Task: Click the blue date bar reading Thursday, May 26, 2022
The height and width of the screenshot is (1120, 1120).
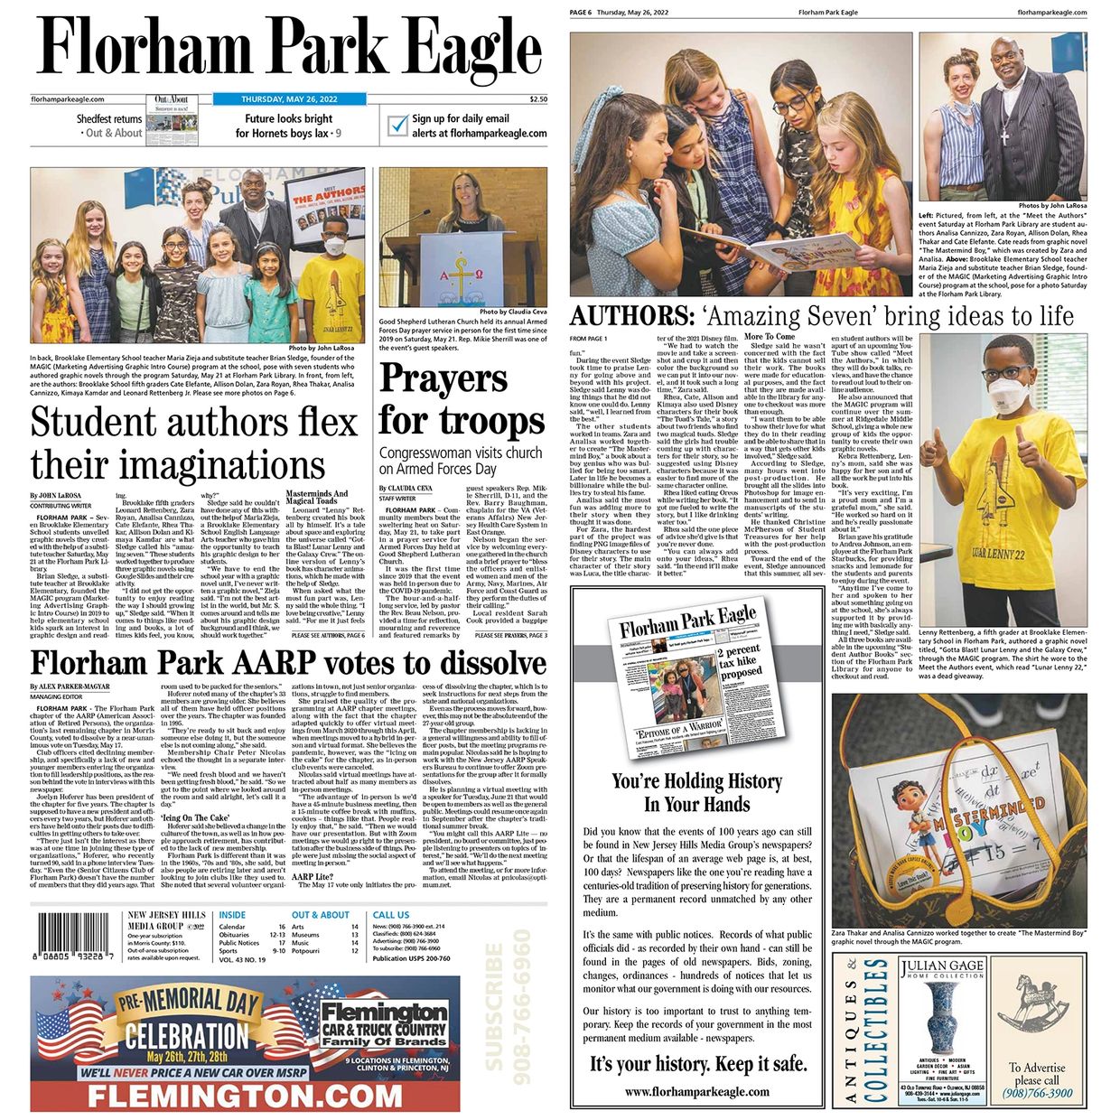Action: [x=289, y=99]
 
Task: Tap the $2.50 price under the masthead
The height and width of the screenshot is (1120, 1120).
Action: [x=538, y=99]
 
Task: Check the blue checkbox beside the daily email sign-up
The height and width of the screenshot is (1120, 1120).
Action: [x=397, y=126]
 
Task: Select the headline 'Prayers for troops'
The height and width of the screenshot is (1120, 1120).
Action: [x=461, y=400]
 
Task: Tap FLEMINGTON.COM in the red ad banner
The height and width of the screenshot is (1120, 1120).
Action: [x=244, y=1097]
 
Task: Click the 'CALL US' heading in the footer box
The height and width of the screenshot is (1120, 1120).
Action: [x=391, y=915]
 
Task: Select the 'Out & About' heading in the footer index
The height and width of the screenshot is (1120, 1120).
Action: [x=322, y=915]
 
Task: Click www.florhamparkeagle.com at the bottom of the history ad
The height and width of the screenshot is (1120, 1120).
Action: [x=697, y=1091]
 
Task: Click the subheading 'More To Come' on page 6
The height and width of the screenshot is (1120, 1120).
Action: [x=770, y=337]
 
